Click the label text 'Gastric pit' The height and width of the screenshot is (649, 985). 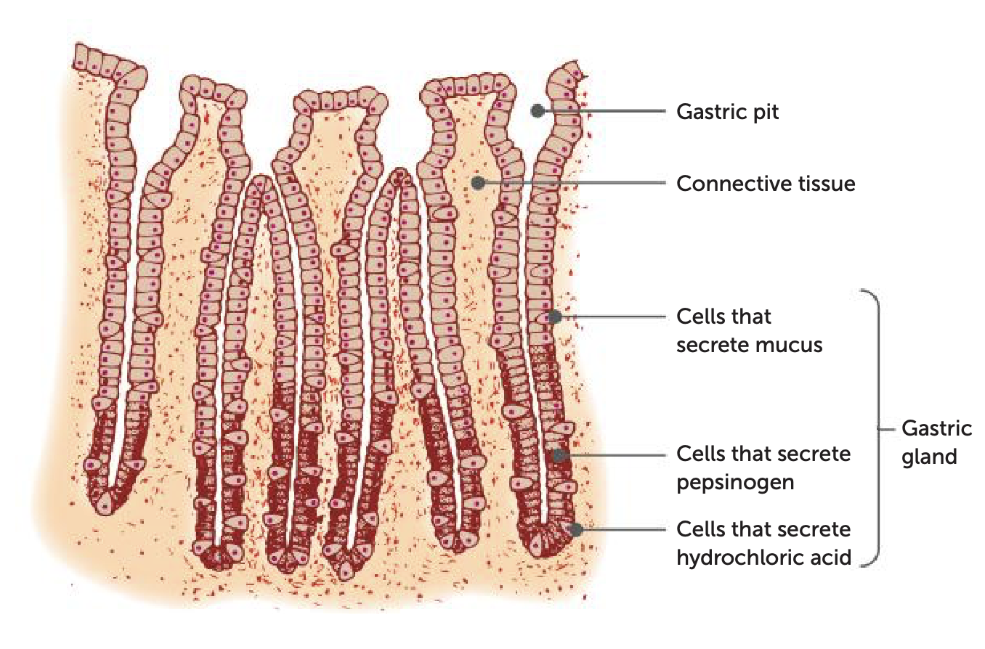(x=727, y=112)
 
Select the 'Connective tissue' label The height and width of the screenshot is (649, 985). (x=766, y=184)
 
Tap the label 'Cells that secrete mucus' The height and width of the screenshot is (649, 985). (x=749, y=330)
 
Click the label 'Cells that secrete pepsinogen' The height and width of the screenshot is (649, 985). (x=763, y=468)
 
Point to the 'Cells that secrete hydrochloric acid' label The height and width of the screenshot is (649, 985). (x=763, y=543)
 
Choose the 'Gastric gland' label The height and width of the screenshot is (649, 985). (x=936, y=443)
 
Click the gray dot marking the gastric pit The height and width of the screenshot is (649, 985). (x=538, y=111)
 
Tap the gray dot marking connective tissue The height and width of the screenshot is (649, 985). (x=478, y=183)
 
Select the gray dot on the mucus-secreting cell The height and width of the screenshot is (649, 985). (x=554, y=317)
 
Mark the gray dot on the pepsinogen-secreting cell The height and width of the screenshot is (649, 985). (x=559, y=455)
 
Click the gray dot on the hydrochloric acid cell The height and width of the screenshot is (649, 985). (x=577, y=530)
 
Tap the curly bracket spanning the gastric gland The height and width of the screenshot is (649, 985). (x=877, y=428)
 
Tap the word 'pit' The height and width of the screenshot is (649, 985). (x=765, y=112)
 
